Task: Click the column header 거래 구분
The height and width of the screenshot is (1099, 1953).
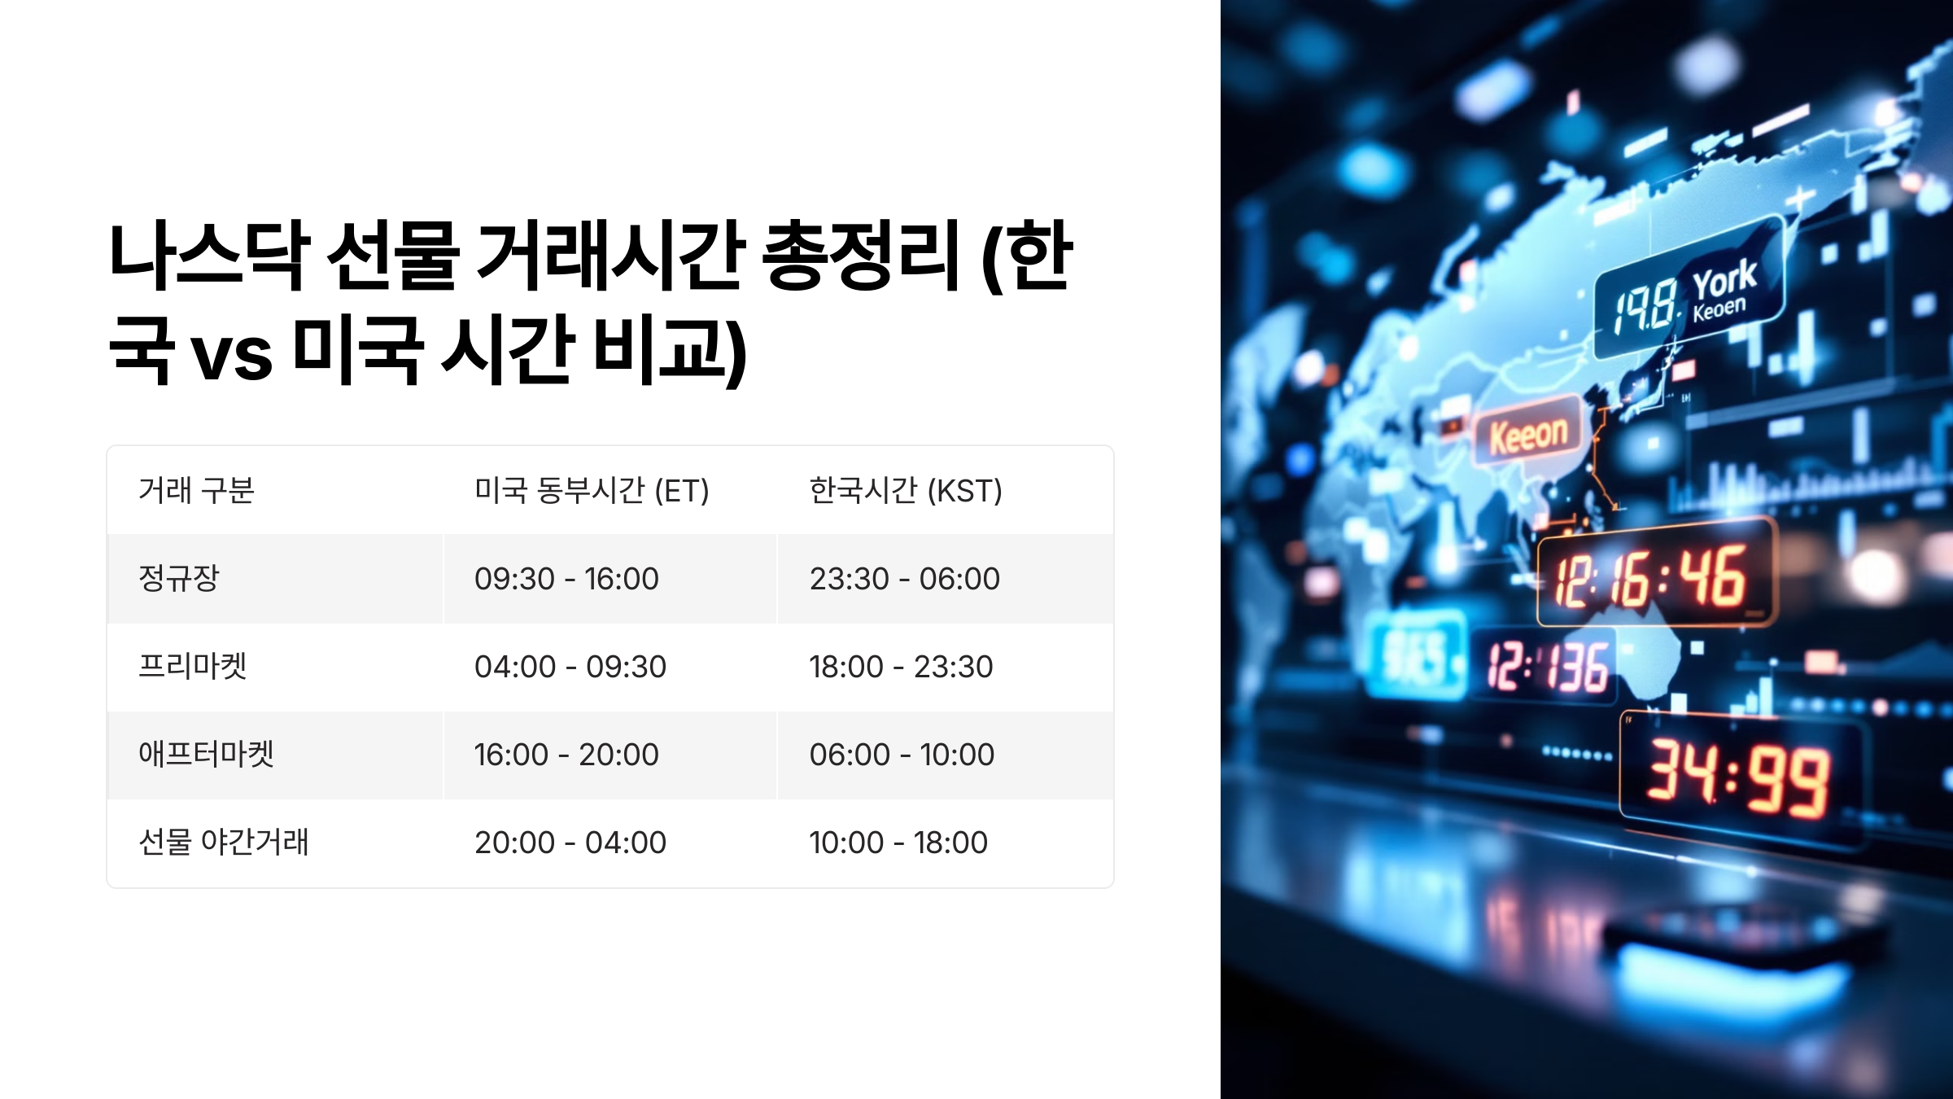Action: (x=196, y=491)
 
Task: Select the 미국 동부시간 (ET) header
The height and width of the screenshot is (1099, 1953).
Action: (x=592, y=491)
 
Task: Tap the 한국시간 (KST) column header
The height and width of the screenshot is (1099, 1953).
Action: (x=905, y=491)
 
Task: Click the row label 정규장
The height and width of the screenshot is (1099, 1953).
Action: (x=179, y=579)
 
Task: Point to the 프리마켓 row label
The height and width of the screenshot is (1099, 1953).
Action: (x=193, y=667)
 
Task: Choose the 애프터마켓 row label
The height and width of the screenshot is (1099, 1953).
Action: (x=206, y=755)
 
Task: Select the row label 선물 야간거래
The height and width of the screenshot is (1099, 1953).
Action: (x=224, y=843)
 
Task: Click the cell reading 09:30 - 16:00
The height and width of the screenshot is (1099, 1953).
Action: (x=566, y=579)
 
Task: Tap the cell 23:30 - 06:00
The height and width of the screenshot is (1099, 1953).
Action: (x=904, y=579)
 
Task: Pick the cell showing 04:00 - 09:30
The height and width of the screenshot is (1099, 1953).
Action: (x=570, y=667)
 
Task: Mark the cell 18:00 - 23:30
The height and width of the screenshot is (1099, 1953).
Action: (x=901, y=667)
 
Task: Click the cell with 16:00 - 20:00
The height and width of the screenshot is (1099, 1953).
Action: (x=566, y=755)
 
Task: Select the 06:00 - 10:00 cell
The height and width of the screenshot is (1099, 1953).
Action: (x=902, y=755)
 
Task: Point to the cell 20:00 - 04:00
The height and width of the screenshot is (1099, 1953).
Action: (x=570, y=843)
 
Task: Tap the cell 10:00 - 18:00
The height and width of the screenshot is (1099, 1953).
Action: (x=898, y=843)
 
